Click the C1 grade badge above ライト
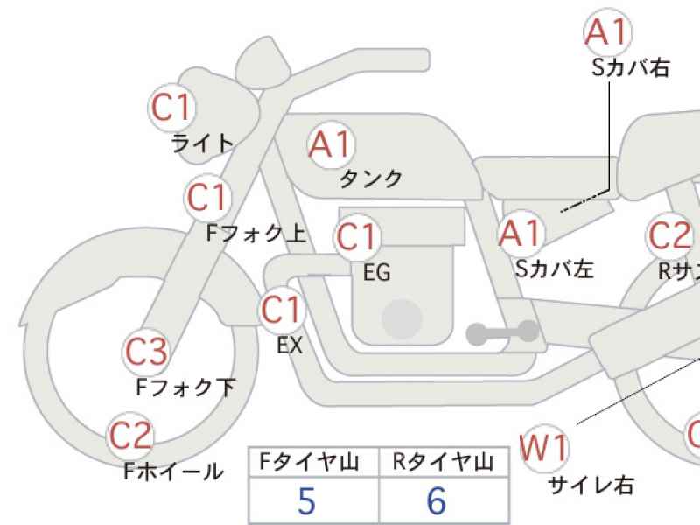coord(171,108)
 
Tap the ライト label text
coord(203,142)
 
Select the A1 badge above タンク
coord(331,143)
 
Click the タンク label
coord(371,178)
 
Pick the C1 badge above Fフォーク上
coord(207,199)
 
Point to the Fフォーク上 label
coord(255,233)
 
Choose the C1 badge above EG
coord(356,237)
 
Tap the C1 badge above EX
coord(282,310)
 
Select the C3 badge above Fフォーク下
coord(145,352)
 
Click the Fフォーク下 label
coord(185,386)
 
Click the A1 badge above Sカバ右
coord(607,32)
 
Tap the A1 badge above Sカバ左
coord(521,234)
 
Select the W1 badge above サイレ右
coord(543,448)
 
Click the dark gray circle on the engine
coord(402,317)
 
